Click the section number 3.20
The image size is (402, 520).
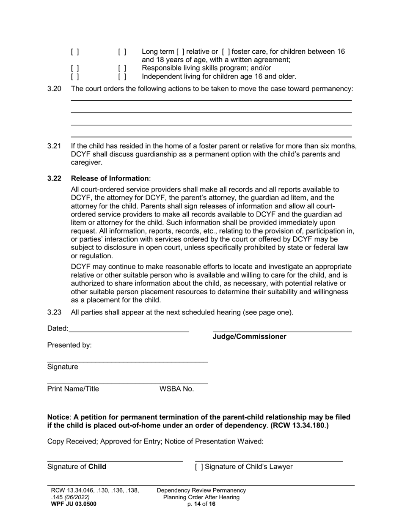pos(54,89)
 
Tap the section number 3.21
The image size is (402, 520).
pos(54,146)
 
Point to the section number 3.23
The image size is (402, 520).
pos(54,312)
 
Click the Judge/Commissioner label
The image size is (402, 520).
pos(249,337)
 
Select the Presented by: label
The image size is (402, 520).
pos(69,345)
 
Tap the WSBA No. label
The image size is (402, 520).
pos(176,389)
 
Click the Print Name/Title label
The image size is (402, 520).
pos(73,389)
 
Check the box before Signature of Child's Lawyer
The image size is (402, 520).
pos(199,467)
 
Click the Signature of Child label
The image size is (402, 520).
pos(77,467)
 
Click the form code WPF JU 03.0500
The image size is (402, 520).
pos(74,504)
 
